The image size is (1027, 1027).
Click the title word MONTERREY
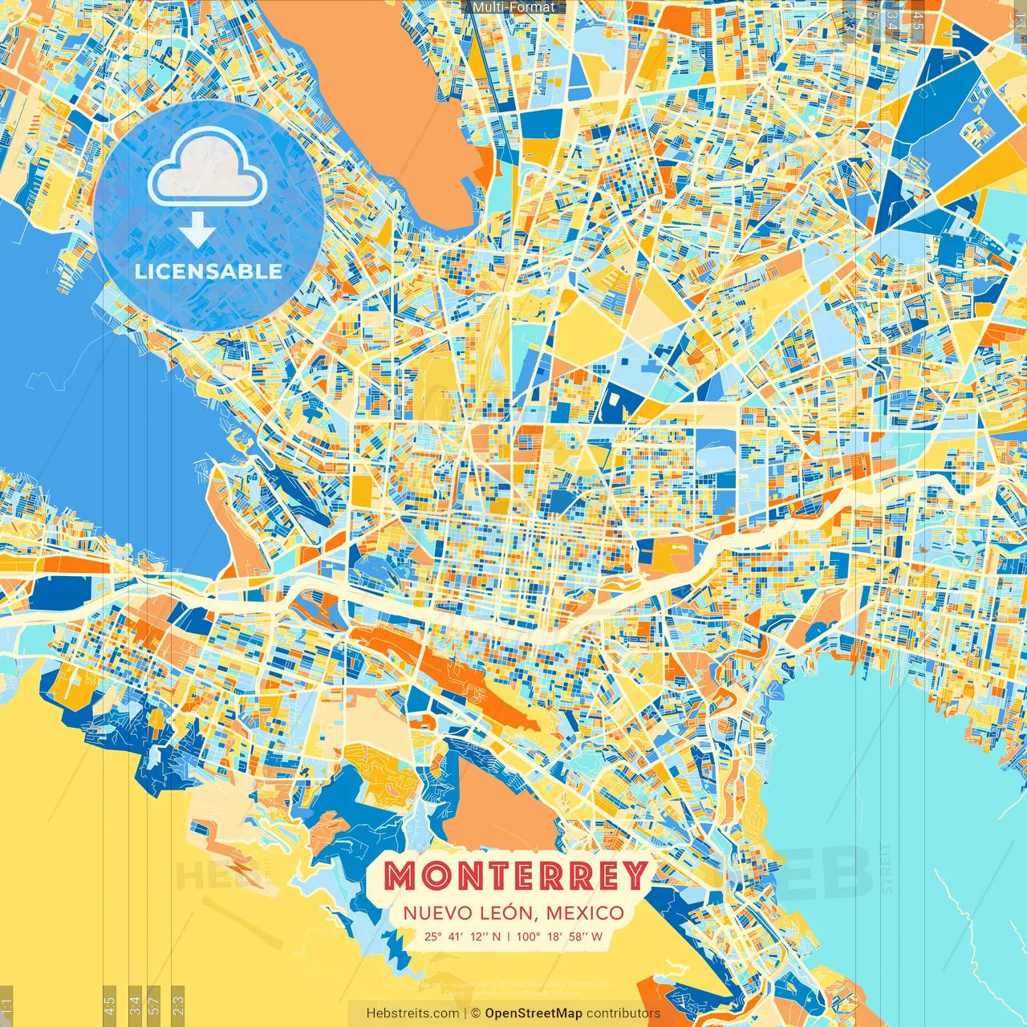[x=514, y=875]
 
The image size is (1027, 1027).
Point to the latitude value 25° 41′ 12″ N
[x=463, y=936]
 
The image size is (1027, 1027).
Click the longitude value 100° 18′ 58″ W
[x=558, y=936]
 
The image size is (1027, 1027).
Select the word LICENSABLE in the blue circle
[x=209, y=271]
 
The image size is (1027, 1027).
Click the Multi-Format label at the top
[x=513, y=7]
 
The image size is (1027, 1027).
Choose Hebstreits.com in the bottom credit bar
[x=412, y=1013]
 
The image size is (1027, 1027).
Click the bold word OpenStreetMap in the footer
[x=534, y=1013]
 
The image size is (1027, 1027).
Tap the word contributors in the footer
[x=623, y=1013]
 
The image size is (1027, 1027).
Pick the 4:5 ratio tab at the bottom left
[x=110, y=1005]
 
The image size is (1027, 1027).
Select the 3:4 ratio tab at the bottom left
[x=135, y=1005]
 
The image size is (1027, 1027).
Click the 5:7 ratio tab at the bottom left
[x=154, y=1005]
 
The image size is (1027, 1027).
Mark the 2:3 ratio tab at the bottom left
[x=178, y=1005]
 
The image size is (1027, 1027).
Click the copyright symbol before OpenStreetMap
[x=475, y=1013]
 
